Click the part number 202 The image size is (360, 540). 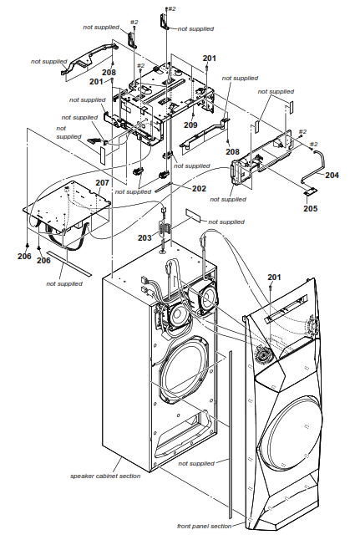[198, 189]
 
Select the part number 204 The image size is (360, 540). [332, 176]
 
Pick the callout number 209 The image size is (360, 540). [191, 125]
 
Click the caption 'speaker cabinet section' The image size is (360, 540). [105, 476]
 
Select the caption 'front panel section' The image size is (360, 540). [205, 526]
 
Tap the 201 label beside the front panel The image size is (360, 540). [275, 278]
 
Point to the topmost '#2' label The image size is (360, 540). [172, 8]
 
